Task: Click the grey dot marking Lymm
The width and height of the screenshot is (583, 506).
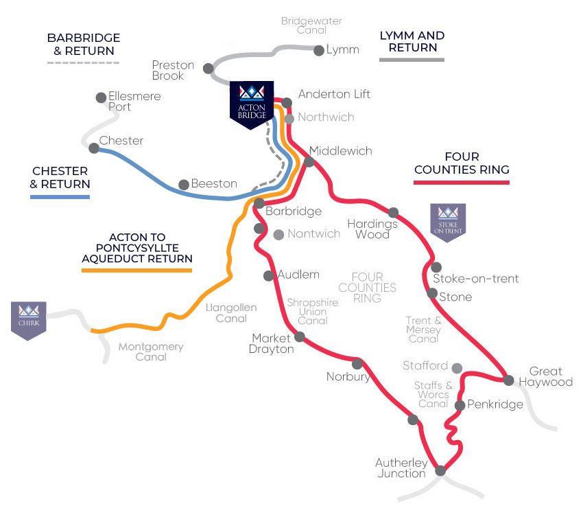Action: [318, 50]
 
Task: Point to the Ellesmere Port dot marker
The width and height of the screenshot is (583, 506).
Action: [102, 97]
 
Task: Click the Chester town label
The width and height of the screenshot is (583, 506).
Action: [121, 141]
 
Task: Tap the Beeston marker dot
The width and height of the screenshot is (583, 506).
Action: [183, 184]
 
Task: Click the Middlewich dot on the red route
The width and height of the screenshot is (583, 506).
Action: [309, 162]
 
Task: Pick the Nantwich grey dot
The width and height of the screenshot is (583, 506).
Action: [278, 235]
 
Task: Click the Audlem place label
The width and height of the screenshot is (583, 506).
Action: [298, 275]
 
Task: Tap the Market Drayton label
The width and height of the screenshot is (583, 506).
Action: [272, 343]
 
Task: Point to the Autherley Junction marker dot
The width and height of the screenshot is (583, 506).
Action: [440, 470]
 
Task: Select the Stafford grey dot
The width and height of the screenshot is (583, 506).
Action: [457, 368]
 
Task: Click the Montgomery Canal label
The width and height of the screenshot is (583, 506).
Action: [151, 352]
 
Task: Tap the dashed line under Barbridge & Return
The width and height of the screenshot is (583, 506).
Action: [83, 63]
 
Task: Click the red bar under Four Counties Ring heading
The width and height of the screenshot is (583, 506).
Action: [462, 183]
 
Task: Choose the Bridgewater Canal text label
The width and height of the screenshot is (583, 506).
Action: [311, 25]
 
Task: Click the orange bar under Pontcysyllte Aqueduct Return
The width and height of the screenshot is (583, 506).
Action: [136, 271]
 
